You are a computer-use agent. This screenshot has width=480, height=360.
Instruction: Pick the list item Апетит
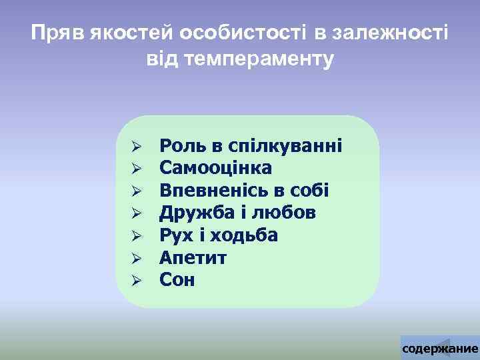(193, 257)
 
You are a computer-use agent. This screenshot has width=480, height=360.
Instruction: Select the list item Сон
(177, 280)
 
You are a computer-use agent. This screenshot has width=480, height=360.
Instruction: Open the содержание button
(440, 349)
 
